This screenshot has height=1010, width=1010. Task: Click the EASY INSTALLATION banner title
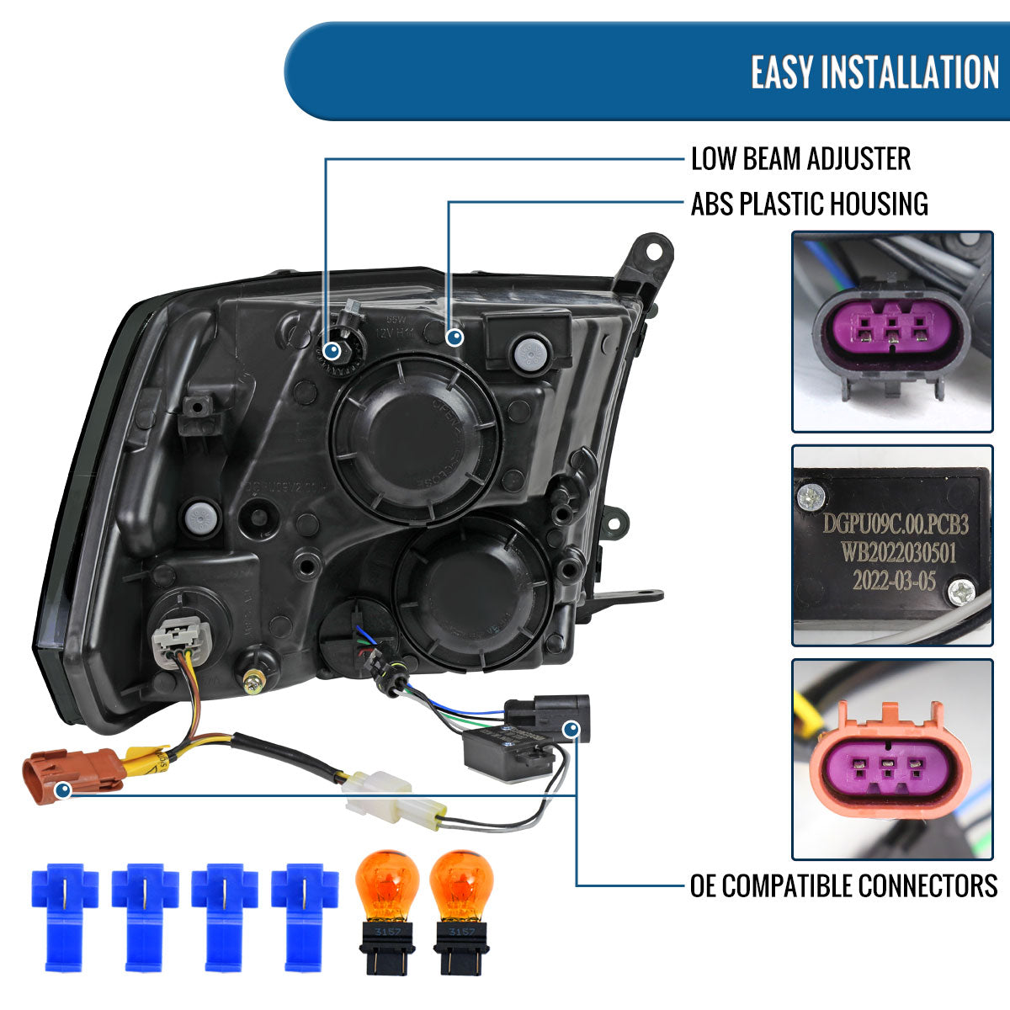(x=874, y=72)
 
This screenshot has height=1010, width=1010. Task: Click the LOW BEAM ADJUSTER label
(x=800, y=158)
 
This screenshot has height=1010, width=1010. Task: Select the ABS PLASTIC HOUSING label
(x=809, y=204)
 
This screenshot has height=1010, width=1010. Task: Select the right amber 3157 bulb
(x=460, y=909)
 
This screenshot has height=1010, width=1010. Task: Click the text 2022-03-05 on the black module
(x=893, y=581)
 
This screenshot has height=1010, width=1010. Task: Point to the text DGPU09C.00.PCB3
(x=895, y=525)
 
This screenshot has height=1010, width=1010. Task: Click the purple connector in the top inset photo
(x=890, y=330)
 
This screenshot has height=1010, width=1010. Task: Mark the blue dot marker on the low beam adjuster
(x=332, y=349)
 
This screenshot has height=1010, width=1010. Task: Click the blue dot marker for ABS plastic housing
(x=454, y=338)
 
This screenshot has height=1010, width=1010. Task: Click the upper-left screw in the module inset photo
(x=811, y=497)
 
